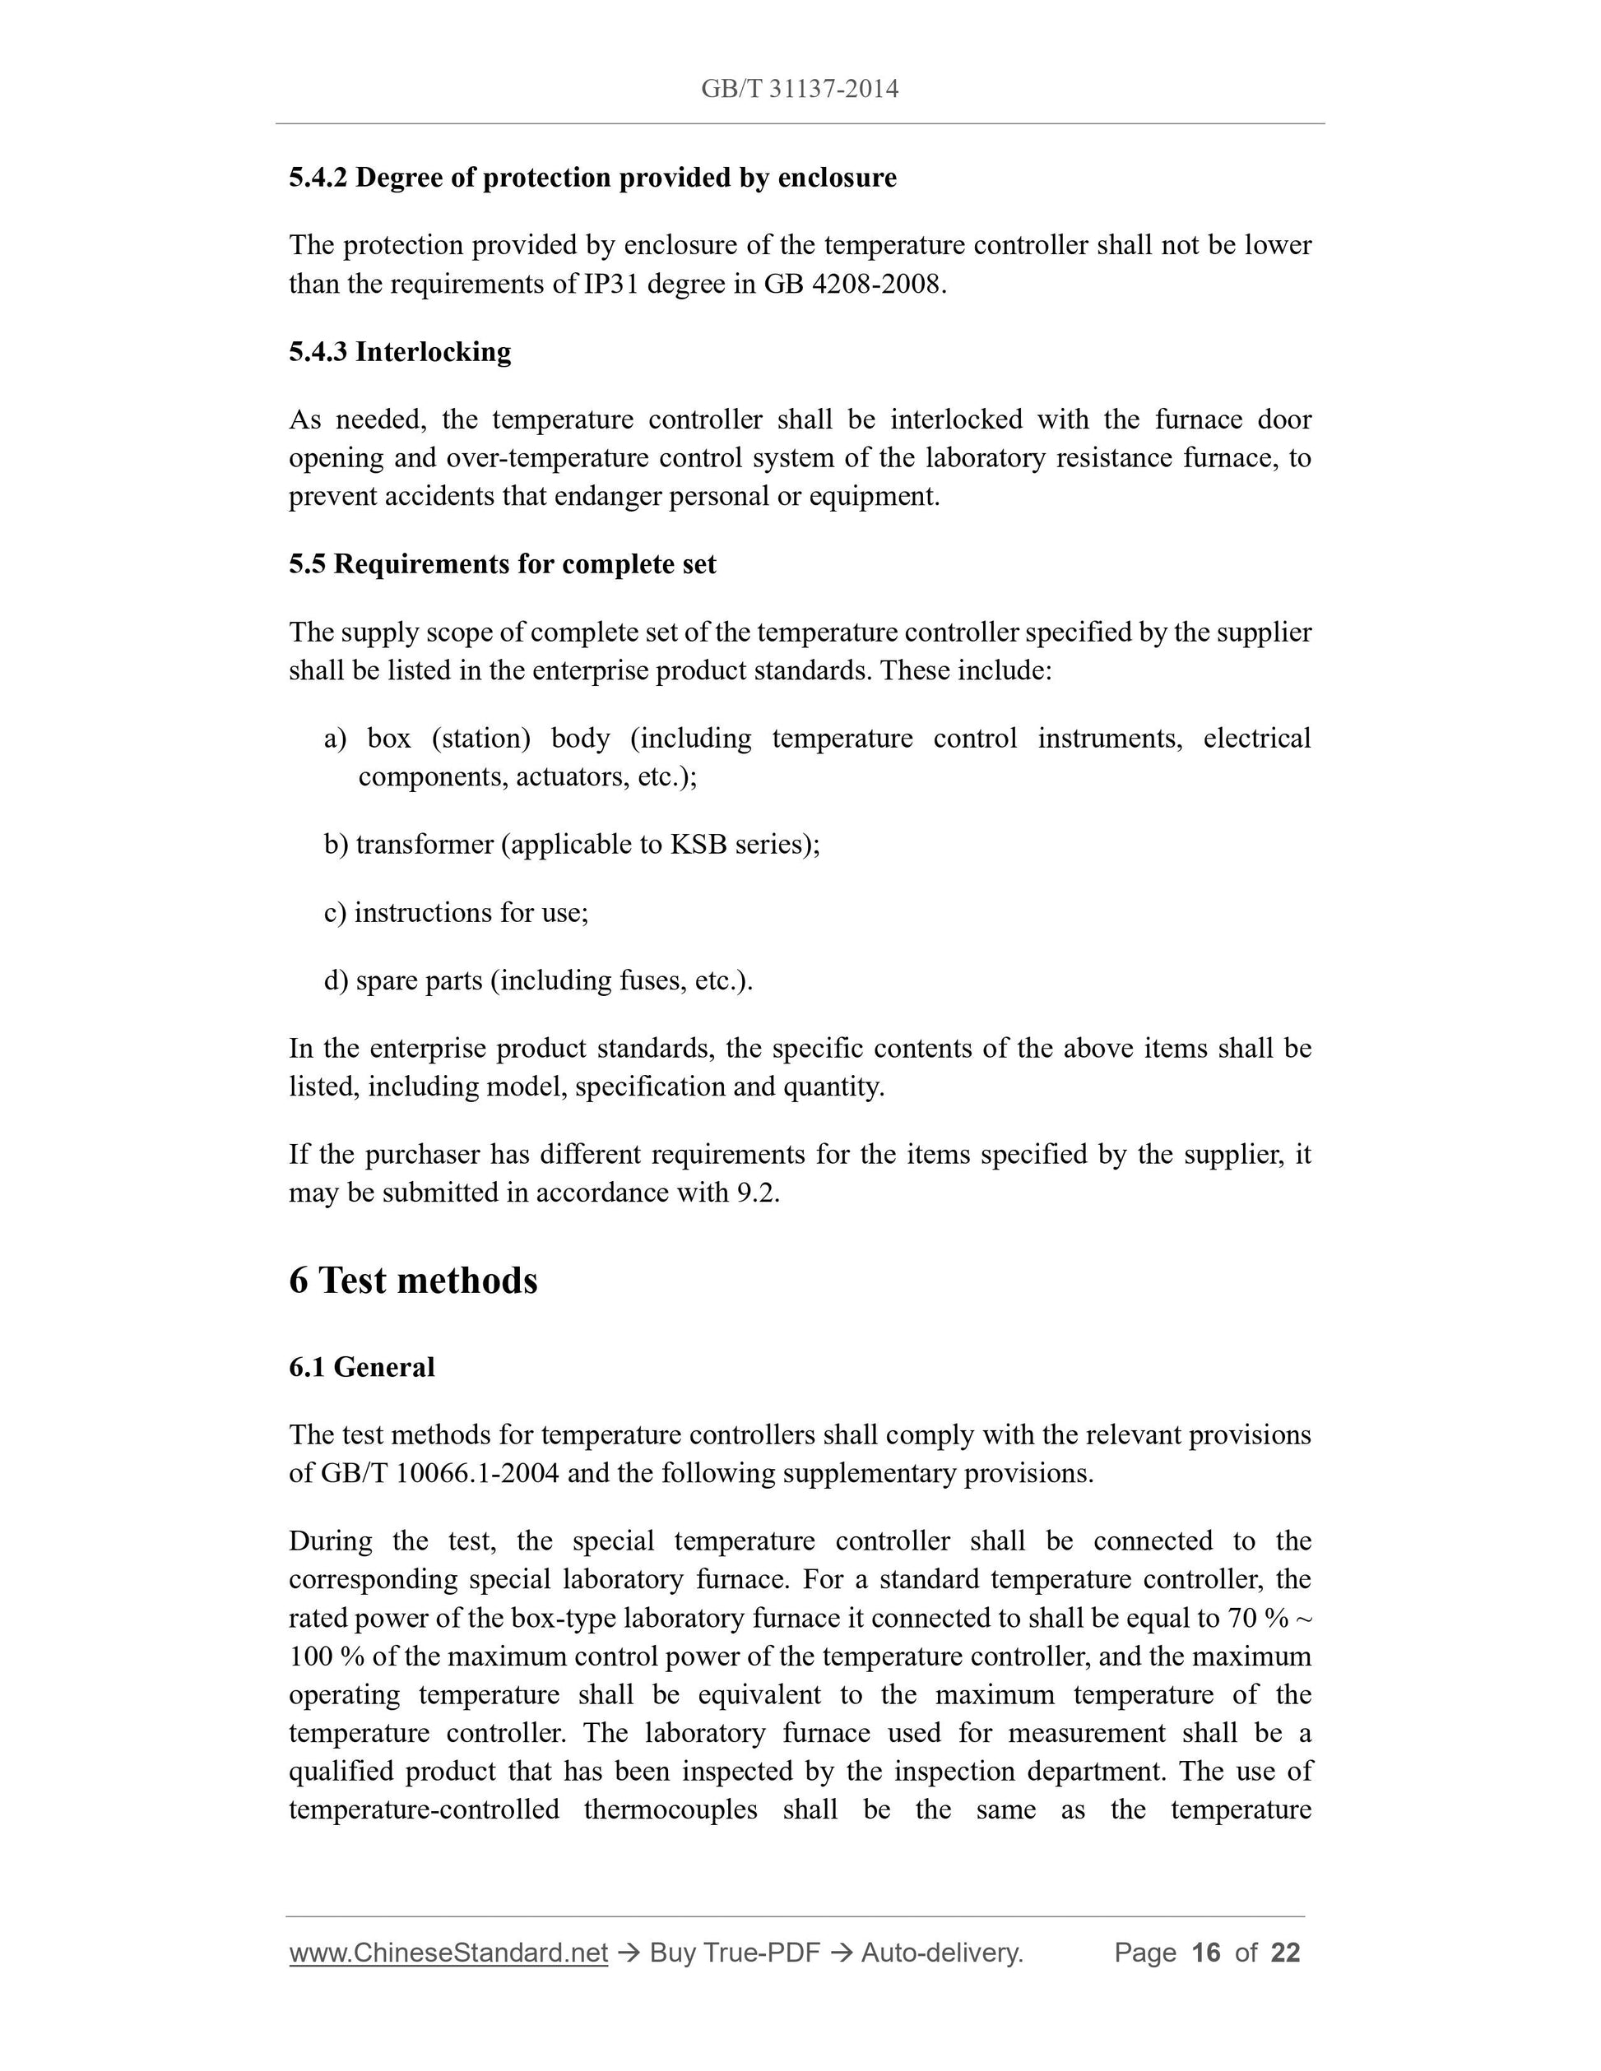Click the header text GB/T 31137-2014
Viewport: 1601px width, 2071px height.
800,89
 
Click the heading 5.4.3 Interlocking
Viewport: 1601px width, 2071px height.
399,352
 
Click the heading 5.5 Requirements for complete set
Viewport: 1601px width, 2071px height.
502,564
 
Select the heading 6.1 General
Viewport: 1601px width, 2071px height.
361,1368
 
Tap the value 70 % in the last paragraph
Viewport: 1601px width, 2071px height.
1265,1619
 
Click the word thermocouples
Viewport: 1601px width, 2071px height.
670,1810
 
